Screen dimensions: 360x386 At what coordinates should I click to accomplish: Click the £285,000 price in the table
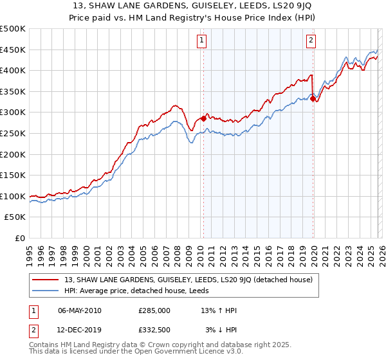point(154,310)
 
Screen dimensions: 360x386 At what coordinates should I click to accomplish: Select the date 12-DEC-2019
point(80,330)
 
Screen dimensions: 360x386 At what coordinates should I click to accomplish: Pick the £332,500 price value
point(154,330)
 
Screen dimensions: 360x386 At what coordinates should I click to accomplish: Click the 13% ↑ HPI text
point(219,310)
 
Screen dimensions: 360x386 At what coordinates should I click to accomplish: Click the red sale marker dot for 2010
point(203,118)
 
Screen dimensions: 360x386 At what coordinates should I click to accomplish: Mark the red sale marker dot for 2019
point(313,98)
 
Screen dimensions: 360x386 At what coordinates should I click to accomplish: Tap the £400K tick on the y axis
point(13,70)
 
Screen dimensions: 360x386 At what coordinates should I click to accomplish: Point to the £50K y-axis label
point(15,217)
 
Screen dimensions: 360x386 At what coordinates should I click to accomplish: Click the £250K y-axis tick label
point(13,133)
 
